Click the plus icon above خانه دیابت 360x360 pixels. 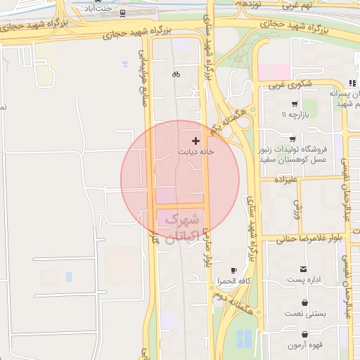(195, 141)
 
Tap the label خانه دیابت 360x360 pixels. (195, 151)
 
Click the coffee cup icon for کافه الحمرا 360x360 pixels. (234, 271)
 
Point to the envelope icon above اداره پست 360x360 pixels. (304, 269)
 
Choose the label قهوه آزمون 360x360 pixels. (304, 345)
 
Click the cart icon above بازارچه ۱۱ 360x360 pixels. (293, 104)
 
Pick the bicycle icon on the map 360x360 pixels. (176, 74)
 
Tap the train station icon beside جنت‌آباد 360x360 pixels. (123, 13)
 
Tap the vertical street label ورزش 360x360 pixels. (297, 210)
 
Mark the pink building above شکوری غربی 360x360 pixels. (274, 71)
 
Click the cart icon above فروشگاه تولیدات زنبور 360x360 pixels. (292, 139)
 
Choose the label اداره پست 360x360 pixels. (304, 280)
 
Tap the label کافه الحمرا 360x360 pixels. (234, 281)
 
